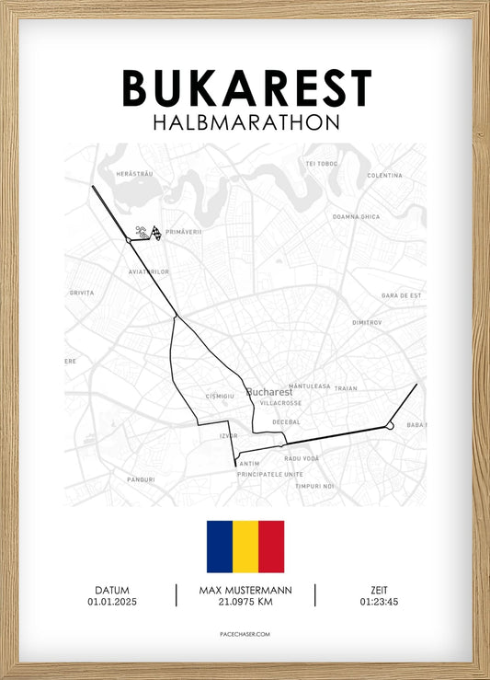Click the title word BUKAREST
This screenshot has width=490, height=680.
246,88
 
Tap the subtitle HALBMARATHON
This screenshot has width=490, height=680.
245,121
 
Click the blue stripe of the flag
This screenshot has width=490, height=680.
219,547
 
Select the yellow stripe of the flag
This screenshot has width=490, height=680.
245,547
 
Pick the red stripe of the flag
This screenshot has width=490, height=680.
271,547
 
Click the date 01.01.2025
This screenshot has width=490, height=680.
111,602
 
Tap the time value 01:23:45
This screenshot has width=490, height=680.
380,602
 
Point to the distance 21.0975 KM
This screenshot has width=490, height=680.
245,602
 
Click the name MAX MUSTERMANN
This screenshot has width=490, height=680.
245,590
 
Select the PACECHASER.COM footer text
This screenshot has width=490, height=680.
245,634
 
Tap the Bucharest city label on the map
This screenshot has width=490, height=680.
269,391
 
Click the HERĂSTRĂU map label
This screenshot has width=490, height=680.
133,174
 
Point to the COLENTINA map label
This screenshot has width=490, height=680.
384,175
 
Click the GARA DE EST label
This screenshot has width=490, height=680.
402,295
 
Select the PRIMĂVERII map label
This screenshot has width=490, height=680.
184,232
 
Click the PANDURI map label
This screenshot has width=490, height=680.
141,479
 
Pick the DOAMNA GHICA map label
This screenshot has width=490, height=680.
356,216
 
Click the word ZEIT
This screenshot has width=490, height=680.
380,590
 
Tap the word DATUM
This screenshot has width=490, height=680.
111,590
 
